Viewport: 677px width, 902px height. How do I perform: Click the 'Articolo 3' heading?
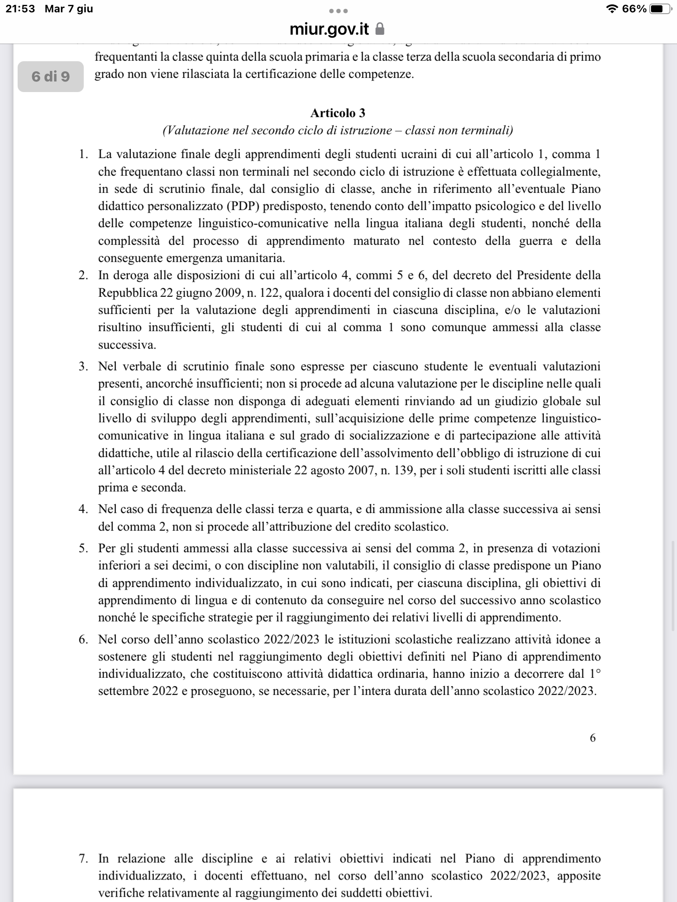tap(338, 113)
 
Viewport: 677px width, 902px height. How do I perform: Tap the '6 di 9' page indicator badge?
tap(51, 77)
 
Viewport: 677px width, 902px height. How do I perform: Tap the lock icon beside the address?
tap(379, 30)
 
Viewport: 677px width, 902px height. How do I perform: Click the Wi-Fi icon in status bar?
tap(612, 9)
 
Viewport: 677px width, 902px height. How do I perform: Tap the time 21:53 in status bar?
tap(20, 9)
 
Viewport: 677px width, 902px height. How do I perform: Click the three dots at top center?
tap(338, 11)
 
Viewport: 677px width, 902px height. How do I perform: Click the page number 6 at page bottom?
tap(592, 738)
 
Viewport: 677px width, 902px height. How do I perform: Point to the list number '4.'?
tap(83, 509)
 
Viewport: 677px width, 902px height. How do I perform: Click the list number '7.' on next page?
tap(83, 858)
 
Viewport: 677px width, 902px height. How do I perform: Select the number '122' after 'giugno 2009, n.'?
tap(270, 293)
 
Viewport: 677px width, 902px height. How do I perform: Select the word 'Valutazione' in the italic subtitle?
tap(194, 131)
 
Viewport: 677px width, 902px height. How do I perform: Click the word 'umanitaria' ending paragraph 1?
tap(256, 258)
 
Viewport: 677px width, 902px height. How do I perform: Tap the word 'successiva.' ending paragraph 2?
tap(127, 345)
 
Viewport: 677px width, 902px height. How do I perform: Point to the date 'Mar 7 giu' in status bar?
tap(69, 9)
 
